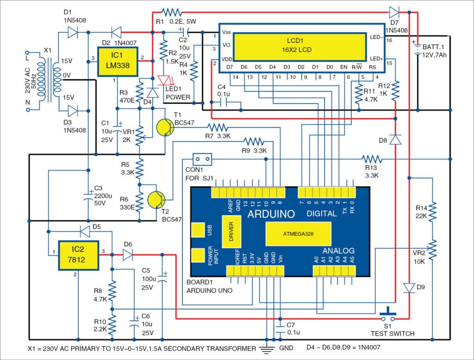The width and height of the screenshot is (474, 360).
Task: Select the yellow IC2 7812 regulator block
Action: (78, 254)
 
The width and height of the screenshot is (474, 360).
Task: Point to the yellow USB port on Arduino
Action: (199, 230)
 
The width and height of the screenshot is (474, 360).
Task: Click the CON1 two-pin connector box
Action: (202, 159)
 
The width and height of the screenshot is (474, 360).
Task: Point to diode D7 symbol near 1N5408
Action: (395, 12)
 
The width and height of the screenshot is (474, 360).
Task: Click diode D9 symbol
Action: (409, 288)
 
